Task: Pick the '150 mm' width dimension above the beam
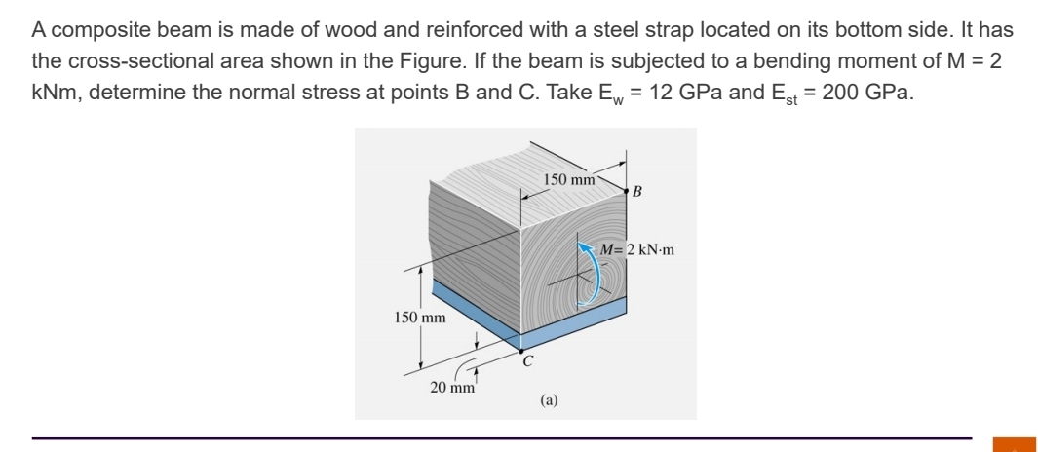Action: click(569, 179)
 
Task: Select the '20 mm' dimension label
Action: click(452, 387)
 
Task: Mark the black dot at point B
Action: click(627, 194)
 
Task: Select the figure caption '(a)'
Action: click(550, 398)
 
